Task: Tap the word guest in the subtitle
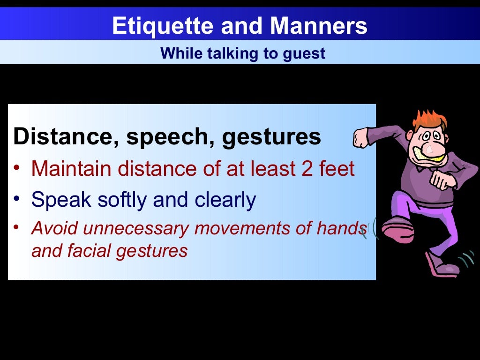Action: pyautogui.click(x=304, y=53)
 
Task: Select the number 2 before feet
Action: pyautogui.click(x=307, y=169)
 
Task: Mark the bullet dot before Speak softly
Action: pyautogui.click(x=17, y=199)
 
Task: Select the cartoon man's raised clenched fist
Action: pyautogui.click(x=361, y=138)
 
